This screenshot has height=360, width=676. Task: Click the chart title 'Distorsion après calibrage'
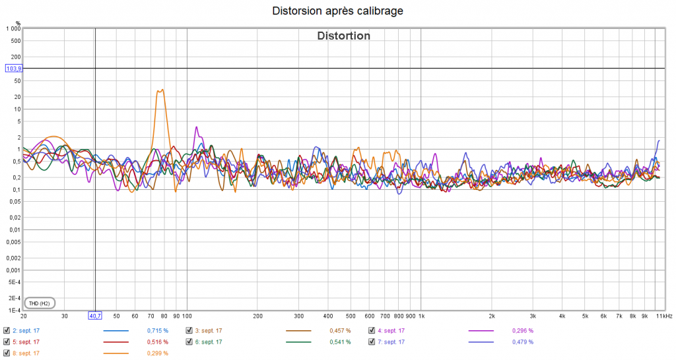[337, 11]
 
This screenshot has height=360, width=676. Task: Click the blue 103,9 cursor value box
[13, 69]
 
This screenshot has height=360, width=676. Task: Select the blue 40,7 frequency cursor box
[95, 316]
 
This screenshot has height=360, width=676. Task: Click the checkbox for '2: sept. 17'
[7, 330]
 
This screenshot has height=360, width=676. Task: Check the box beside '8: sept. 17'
[7, 353]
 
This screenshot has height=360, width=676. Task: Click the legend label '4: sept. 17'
[391, 330]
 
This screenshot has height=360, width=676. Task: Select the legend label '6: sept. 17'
[209, 342]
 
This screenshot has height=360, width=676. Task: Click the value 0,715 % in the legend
[157, 330]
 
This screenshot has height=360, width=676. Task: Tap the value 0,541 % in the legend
[340, 342]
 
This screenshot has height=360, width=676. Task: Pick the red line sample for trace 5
[116, 342]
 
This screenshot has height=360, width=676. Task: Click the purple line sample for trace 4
[481, 330]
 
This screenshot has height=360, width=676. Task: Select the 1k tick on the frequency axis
[421, 316]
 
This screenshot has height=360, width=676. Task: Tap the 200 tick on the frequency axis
[258, 316]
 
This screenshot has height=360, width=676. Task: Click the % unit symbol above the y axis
[18, 23]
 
